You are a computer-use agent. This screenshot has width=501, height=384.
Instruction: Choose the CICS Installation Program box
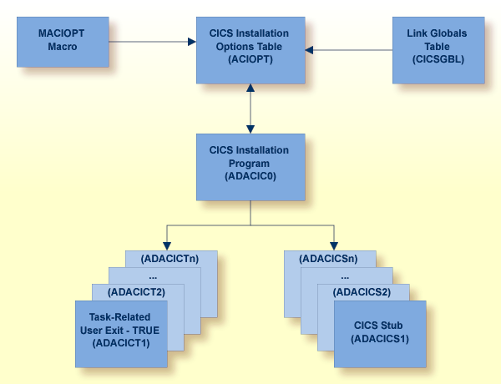250,164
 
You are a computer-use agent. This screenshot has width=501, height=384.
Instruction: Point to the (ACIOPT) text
250,61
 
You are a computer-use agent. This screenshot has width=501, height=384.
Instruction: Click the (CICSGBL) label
438,60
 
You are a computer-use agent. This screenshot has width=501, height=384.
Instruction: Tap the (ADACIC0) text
250,176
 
